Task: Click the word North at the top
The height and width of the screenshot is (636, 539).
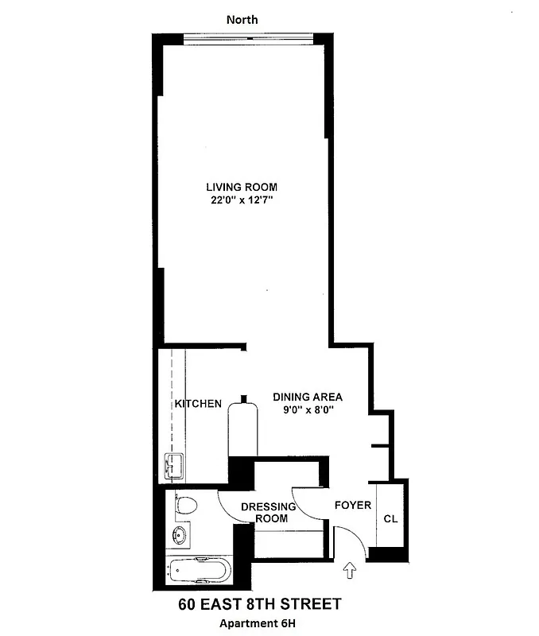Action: [242, 19]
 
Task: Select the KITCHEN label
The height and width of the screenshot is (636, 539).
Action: [199, 404]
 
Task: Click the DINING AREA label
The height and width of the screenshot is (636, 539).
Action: [308, 397]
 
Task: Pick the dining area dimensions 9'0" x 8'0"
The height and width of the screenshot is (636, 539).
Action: [308, 410]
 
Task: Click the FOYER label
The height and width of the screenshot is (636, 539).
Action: [352, 506]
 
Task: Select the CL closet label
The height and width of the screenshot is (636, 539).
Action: [390, 519]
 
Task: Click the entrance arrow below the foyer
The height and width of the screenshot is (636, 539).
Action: [351, 569]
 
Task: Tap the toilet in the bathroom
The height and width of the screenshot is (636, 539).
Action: [185, 505]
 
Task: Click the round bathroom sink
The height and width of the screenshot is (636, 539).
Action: [181, 535]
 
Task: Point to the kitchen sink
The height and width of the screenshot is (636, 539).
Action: [173, 466]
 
